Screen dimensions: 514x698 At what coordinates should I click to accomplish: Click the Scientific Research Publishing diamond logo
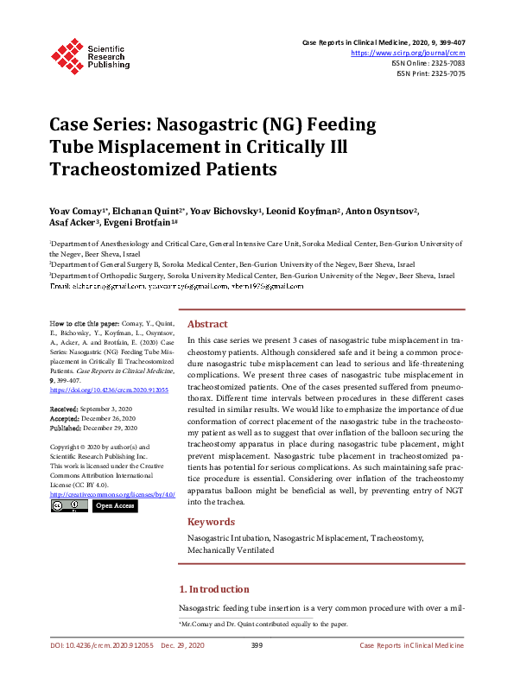[x=67, y=54]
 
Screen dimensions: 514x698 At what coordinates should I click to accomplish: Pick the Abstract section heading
[x=207, y=324]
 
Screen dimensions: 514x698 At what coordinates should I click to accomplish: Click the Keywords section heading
[x=211, y=522]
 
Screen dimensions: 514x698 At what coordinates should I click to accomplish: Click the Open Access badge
[x=114, y=505]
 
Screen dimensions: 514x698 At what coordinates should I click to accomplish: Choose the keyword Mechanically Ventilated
[x=231, y=549]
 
